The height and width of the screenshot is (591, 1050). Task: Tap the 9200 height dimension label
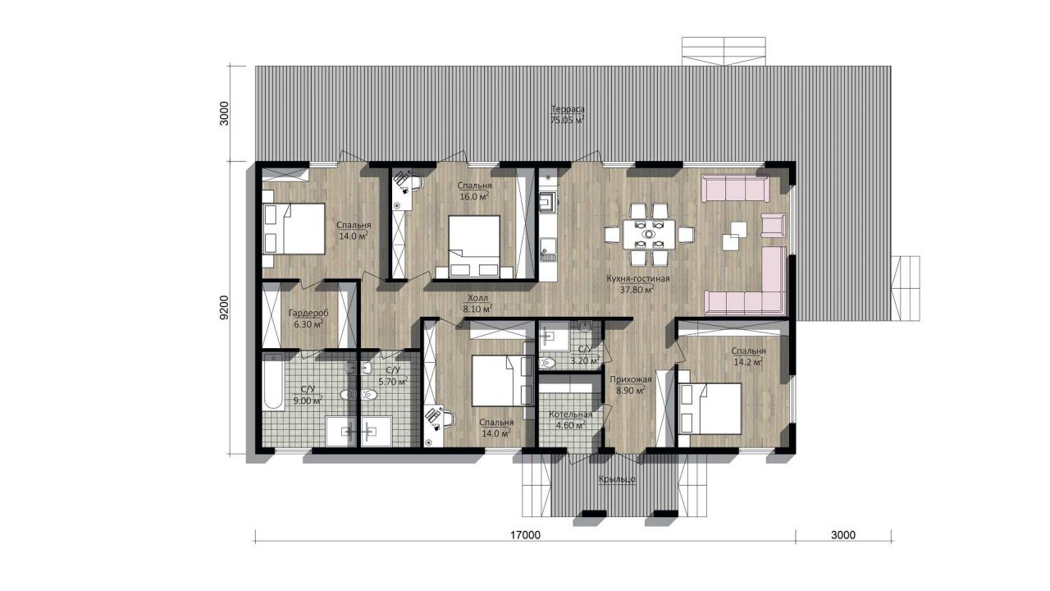click(x=225, y=308)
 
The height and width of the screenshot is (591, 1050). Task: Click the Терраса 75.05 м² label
click(x=567, y=114)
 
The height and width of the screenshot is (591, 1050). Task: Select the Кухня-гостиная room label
click(x=637, y=278)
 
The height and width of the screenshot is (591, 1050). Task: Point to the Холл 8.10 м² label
click(x=477, y=304)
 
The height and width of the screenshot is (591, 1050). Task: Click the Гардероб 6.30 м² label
click(x=308, y=318)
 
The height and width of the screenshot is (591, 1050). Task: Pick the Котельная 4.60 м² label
click(x=570, y=420)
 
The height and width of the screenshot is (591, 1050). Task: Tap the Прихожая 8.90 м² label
click(x=631, y=384)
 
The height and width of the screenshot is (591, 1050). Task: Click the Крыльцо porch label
click(x=617, y=479)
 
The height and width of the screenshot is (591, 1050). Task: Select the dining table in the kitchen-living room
click(x=649, y=234)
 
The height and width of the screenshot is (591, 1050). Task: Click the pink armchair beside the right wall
click(x=774, y=225)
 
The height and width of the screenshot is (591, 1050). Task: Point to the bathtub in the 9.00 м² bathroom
click(x=273, y=383)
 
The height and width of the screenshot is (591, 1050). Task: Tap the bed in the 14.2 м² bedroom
click(x=710, y=409)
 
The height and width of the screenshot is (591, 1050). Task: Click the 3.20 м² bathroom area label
click(x=585, y=360)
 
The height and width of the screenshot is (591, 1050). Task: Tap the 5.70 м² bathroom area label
click(x=393, y=382)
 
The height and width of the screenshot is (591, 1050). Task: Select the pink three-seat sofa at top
click(x=735, y=189)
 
